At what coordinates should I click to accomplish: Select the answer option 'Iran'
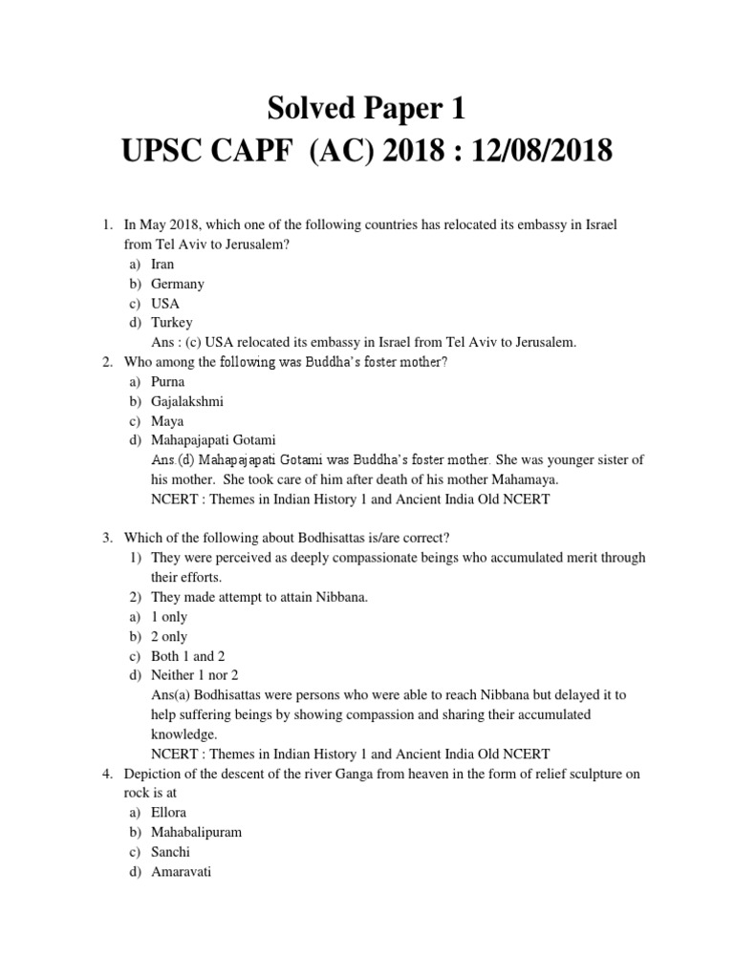pos(162,264)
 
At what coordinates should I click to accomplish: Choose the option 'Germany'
pos(178,284)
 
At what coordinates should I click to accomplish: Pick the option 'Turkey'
pos(172,323)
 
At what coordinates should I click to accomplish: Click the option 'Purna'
pos(168,381)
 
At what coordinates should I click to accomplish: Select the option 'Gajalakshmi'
pos(187,401)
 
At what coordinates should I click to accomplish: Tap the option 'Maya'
pos(167,420)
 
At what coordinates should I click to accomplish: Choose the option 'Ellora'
pos(170,812)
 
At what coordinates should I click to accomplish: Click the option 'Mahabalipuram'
pos(196,832)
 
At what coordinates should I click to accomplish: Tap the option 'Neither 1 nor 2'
pos(195,675)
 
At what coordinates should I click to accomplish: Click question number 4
pos(108,773)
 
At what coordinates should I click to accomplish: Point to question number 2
pos(108,362)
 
